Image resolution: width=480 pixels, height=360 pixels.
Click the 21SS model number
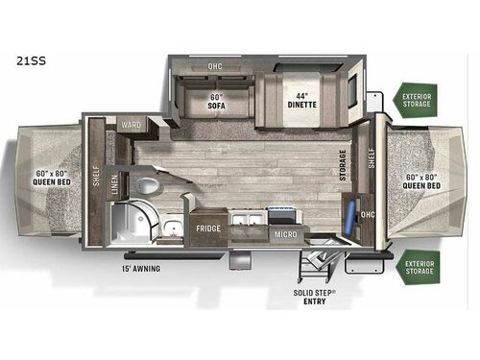(x=31, y=60)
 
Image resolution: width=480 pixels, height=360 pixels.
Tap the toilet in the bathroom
(x=147, y=185)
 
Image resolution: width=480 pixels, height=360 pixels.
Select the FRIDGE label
(x=208, y=228)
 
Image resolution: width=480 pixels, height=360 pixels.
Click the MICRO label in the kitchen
(x=285, y=234)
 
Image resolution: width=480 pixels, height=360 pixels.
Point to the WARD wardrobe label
(x=132, y=125)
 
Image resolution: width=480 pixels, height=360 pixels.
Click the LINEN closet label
(x=115, y=184)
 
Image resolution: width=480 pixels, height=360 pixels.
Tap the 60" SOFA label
(x=217, y=101)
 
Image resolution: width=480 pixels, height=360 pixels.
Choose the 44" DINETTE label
(x=301, y=100)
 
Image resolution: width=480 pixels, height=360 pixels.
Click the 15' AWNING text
(x=141, y=269)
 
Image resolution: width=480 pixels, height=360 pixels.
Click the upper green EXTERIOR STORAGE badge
(x=417, y=100)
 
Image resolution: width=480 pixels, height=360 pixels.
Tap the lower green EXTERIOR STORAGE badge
(x=419, y=268)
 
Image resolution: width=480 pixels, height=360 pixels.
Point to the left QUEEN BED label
(x=52, y=178)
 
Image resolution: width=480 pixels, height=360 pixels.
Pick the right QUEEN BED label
(x=421, y=181)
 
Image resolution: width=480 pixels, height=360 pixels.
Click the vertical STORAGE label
(x=343, y=165)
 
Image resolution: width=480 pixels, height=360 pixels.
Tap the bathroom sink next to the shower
(x=173, y=228)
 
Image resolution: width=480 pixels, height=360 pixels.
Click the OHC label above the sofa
(x=215, y=66)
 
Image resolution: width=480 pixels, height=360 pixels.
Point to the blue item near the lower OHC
(x=349, y=217)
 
